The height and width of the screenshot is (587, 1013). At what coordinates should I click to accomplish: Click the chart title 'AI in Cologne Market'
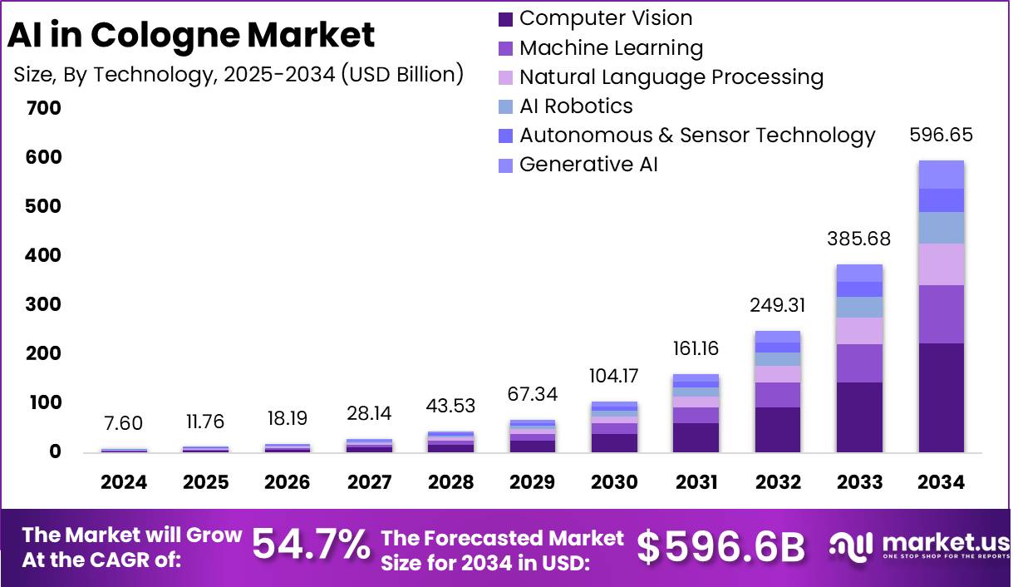pos(191,36)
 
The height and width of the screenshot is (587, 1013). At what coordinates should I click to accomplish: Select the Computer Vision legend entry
pos(595,18)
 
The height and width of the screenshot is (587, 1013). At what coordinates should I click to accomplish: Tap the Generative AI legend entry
pos(578,165)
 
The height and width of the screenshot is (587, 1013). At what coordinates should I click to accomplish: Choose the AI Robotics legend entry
pos(565,106)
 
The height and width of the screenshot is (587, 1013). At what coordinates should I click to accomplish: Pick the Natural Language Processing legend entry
pos(661,77)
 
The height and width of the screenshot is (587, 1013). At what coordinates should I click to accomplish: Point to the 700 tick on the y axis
pos(43,108)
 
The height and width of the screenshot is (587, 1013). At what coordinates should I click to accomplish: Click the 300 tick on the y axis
pos(43,304)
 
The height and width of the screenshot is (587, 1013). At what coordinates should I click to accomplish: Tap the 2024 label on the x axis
pos(124,482)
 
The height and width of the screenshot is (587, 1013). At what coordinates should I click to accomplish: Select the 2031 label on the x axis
pos(696,482)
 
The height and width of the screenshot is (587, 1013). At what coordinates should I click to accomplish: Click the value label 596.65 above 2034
pos(941,136)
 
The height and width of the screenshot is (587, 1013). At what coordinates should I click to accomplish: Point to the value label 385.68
pos(858,239)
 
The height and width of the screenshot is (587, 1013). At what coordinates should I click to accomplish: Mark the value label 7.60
pos(124,423)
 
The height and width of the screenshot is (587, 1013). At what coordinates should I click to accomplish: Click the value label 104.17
pos(613,376)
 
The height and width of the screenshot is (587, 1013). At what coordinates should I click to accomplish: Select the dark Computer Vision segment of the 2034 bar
pos(941,397)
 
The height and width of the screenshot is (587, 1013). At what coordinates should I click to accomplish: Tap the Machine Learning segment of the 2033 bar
pos(859,363)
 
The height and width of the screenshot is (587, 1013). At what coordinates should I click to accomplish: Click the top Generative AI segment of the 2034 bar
pos(941,175)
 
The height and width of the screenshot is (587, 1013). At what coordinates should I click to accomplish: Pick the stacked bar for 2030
pos(614,427)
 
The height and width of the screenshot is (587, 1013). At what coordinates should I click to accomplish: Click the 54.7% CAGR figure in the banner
pos(311,545)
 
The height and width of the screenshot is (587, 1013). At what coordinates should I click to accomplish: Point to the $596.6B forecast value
pos(721,546)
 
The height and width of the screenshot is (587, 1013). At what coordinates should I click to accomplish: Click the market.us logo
pos(918,546)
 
